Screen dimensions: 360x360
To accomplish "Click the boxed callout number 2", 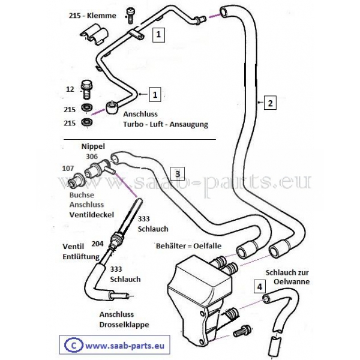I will click(x=270, y=103).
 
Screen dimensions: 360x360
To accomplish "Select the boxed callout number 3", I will click(x=176, y=173).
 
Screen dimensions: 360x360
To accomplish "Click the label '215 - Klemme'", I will click(x=92, y=16).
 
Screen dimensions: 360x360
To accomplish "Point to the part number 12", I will click(x=70, y=89).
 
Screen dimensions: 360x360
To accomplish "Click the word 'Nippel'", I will click(x=93, y=146).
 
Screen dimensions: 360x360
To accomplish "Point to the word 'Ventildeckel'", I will click(x=91, y=214).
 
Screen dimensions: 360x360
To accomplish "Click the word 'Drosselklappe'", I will click(x=125, y=325).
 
